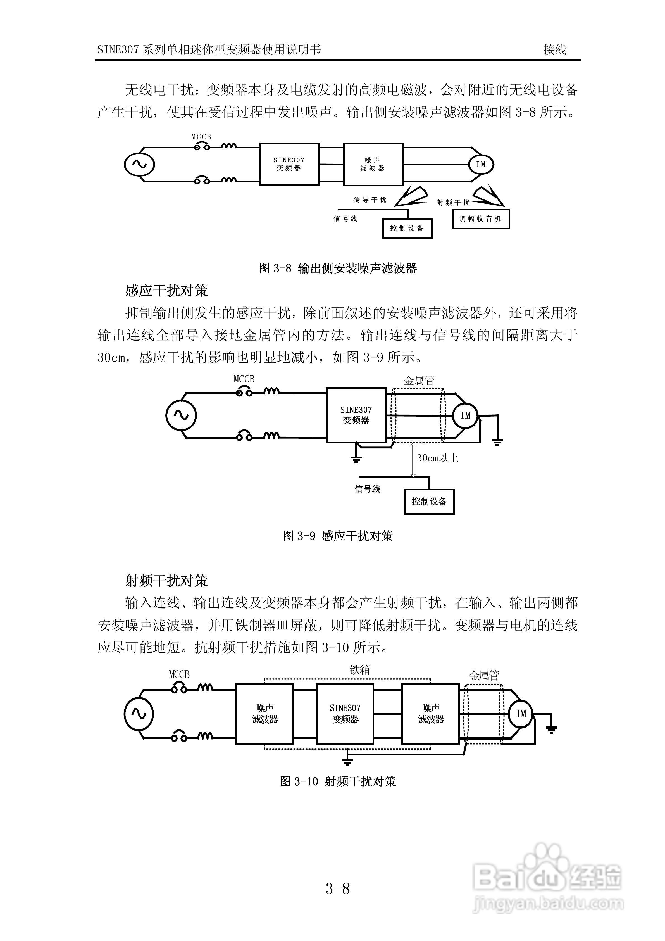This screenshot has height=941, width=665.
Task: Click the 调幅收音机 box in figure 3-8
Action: (x=481, y=219)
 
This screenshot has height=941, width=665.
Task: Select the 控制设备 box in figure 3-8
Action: (x=407, y=228)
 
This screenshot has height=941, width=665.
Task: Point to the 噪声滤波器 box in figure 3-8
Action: (x=373, y=164)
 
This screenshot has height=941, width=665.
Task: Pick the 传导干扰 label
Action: (x=370, y=200)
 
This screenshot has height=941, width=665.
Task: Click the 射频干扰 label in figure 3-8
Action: (x=453, y=203)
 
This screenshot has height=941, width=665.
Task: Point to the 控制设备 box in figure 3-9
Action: (x=429, y=502)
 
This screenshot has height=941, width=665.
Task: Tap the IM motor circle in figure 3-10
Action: (x=521, y=714)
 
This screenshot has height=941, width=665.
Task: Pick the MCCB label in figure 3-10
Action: (x=179, y=674)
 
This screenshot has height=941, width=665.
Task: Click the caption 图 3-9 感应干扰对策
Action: (x=338, y=536)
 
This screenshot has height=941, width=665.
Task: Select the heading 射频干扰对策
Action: (x=166, y=581)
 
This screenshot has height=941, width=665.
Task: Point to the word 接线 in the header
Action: (x=554, y=49)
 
